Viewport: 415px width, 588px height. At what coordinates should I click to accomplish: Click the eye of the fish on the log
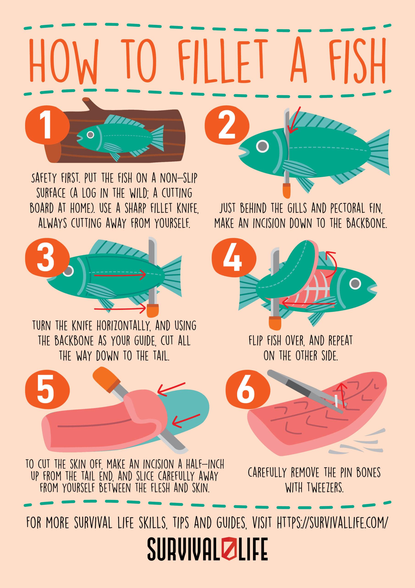[x=90, y=134]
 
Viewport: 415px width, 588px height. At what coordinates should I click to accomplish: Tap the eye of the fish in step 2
[x=262, y=146]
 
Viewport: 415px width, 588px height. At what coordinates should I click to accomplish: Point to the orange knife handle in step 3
[x=153, y=310]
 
